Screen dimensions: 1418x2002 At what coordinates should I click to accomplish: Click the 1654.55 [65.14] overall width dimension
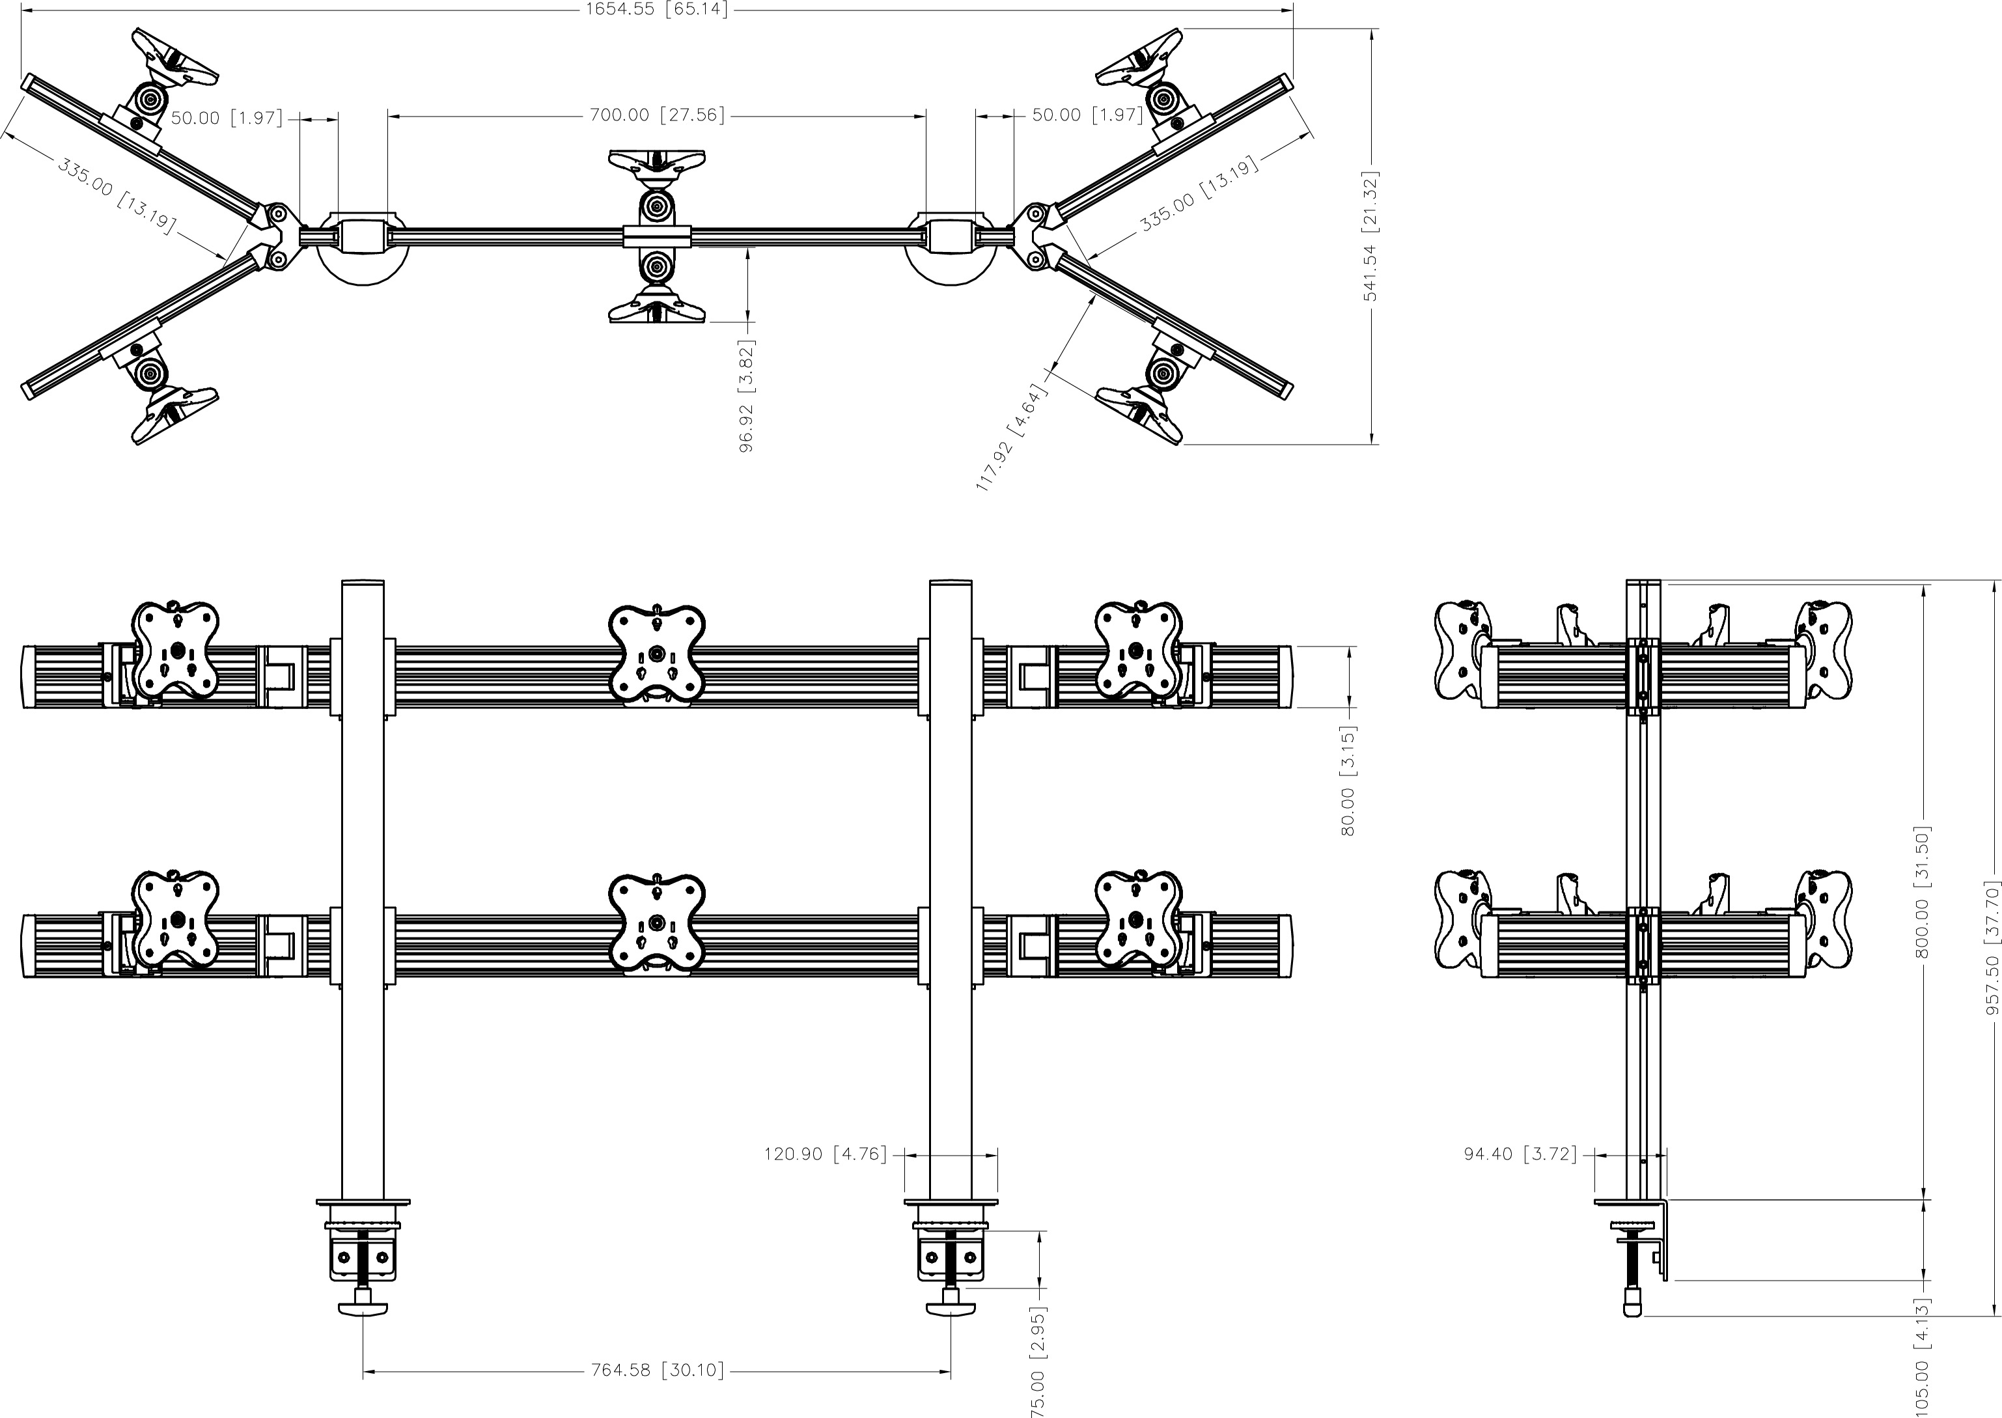656,10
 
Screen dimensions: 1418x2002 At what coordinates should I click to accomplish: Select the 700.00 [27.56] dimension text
656,115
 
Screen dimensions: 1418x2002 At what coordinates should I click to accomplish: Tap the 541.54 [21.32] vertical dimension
1370,236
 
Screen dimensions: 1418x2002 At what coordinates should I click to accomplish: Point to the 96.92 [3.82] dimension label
747,396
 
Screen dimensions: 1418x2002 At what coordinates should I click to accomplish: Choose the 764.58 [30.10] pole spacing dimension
656,1370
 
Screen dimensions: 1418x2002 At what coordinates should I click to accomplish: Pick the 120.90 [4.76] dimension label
825,1154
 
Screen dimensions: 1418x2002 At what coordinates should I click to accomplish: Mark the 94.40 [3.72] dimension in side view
1520,1154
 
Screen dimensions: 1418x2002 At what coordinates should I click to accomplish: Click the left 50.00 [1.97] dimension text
226,118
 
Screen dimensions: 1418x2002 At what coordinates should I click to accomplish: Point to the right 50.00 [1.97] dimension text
1087,115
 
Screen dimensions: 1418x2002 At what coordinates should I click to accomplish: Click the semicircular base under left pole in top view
363,266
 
